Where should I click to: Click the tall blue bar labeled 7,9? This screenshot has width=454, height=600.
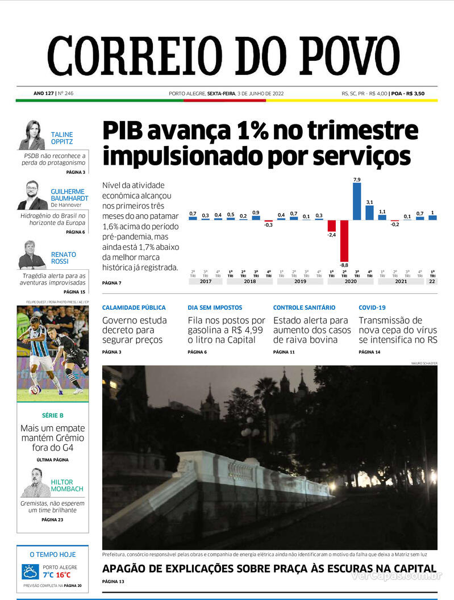coord(357,201)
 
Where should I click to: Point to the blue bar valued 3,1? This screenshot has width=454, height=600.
coord(369,213)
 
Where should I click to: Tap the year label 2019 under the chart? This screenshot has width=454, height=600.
coord(300,281)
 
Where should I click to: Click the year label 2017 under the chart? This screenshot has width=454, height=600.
coord(206,281)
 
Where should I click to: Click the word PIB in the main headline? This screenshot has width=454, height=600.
coord(123,132)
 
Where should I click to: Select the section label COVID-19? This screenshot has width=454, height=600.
coord(372,307)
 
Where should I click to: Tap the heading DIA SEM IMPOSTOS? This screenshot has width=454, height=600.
coord(215,307)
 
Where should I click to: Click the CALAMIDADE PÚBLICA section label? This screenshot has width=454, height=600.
coord(134,307)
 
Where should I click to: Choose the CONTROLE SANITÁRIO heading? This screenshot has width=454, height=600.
coord(304,307)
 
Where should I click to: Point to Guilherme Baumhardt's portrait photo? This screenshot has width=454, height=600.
coord(32,195)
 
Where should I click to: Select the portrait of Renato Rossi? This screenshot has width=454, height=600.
coord(32,255)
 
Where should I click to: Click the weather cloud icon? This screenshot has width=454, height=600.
coord(30,571)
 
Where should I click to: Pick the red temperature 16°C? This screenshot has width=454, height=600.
coord(63,574)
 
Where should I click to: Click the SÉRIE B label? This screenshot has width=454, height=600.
coord(53,415)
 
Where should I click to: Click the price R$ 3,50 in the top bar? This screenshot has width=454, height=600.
coord(414,94)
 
